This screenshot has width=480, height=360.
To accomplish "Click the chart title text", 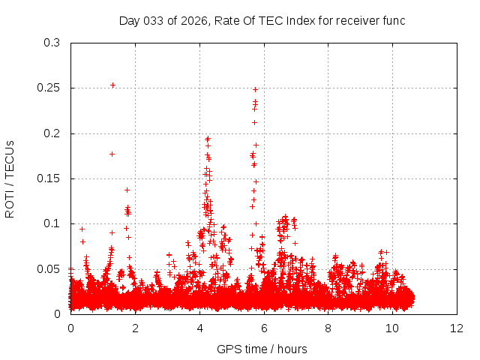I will [262, 21].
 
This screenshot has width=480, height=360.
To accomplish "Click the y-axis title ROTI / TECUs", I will [10, 178].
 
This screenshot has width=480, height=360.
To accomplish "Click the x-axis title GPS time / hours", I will [262, 349].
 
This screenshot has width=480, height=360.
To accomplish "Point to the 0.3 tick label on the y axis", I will [52, 43].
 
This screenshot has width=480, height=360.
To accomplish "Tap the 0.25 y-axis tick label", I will [49, 88].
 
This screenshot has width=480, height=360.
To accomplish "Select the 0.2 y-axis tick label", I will [52, 133].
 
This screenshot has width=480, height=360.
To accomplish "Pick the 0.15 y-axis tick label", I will [49, 178].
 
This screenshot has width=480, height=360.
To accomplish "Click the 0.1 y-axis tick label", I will [52, 223].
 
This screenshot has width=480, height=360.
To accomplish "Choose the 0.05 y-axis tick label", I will [49, 268].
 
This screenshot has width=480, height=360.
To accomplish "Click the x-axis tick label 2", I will [135, 328].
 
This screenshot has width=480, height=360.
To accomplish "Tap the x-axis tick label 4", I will [199, 328].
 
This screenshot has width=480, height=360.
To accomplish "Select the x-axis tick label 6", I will [264, 328].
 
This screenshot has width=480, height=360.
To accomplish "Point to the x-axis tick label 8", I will [328, 328].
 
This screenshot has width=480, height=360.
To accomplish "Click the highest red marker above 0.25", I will [112, 85].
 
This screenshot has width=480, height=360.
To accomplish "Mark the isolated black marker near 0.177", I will [112, 154].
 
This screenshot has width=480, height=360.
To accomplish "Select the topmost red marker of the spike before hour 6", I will [255, 89].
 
